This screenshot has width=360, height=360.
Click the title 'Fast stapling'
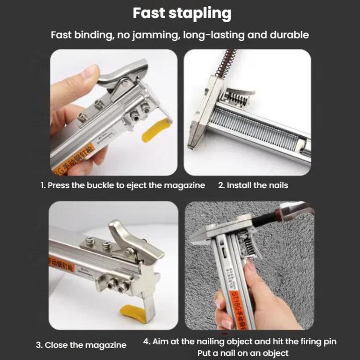pos(181,13)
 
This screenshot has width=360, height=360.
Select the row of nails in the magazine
pos(254,129)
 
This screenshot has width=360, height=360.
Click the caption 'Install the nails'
pos(257,185)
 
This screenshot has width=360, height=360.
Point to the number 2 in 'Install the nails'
pos(220,185)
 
